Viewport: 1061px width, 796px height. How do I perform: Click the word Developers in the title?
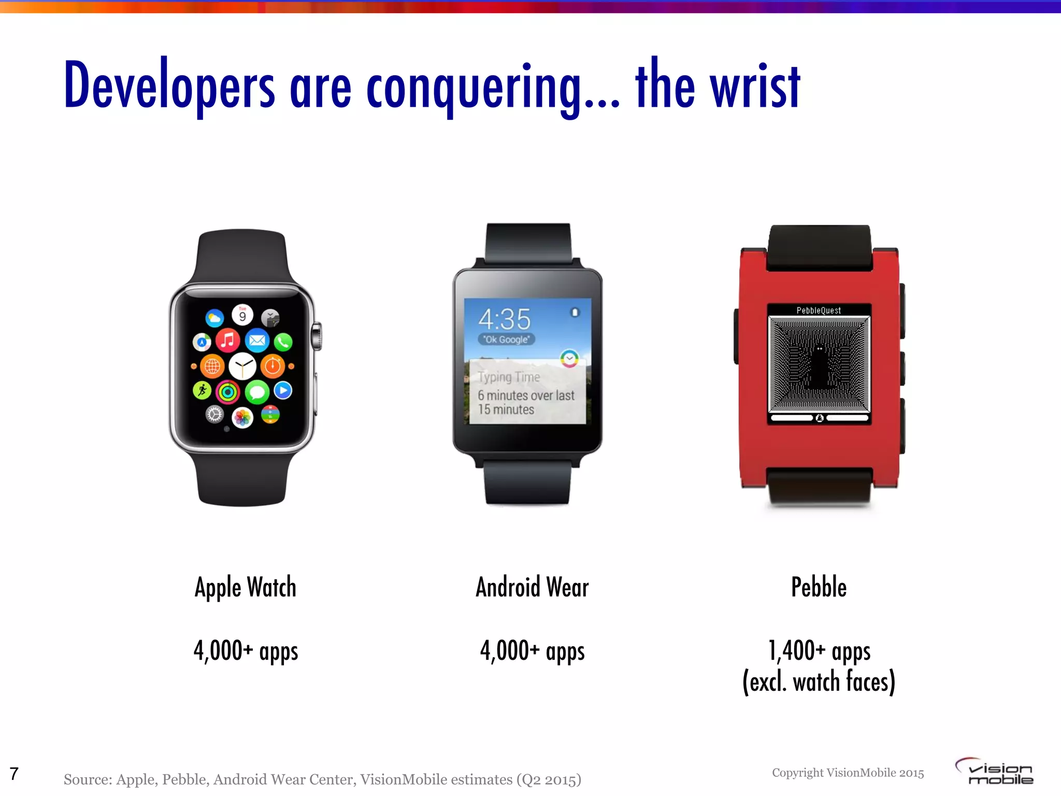click(169, 86)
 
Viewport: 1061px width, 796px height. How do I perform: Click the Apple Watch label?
click(246, 588)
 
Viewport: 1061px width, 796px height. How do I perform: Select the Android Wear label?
click(532, 588)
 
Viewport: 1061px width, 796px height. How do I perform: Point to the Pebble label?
click(819, 588)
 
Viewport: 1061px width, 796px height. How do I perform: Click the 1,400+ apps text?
click(819, 651)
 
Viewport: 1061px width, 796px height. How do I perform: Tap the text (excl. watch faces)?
click(819, 682)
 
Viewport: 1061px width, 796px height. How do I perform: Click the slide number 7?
click(14, 774)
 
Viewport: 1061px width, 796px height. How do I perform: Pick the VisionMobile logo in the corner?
click(995, 771)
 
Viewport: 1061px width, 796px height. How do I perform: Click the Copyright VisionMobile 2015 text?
click(848, 773)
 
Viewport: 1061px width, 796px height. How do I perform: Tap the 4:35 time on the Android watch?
click(505, 319)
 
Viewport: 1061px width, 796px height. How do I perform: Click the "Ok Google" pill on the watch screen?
click(506, 339)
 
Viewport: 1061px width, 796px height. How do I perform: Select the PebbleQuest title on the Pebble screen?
click(819, 310)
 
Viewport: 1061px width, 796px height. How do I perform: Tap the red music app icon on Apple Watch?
click(227, 340)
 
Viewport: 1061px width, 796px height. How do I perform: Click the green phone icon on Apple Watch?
click(283, 342)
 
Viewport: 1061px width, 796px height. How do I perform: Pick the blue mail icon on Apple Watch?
click(257, 340)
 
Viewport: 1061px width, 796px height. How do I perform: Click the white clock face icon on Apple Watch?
click(242, 366)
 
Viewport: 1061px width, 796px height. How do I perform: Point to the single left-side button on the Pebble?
click(736, 336)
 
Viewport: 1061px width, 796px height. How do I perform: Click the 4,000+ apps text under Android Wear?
click(532, 651)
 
